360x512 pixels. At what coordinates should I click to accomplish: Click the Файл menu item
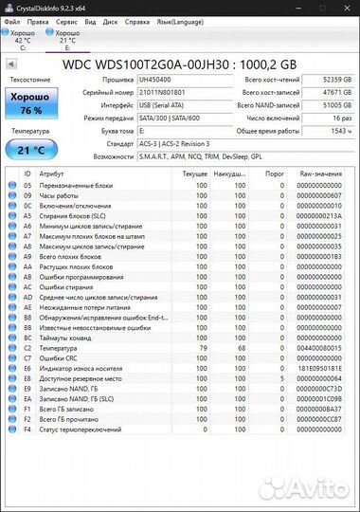pos(13,20)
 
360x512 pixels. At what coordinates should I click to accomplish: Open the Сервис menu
pos(67,20)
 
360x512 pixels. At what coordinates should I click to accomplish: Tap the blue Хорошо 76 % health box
pos(31,102)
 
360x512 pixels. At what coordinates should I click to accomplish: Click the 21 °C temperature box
pos(31,149)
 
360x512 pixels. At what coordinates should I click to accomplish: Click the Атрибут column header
pos(52,174)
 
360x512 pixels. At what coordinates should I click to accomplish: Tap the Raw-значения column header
pos(321,174)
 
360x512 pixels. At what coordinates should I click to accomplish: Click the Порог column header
pos(275,174)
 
